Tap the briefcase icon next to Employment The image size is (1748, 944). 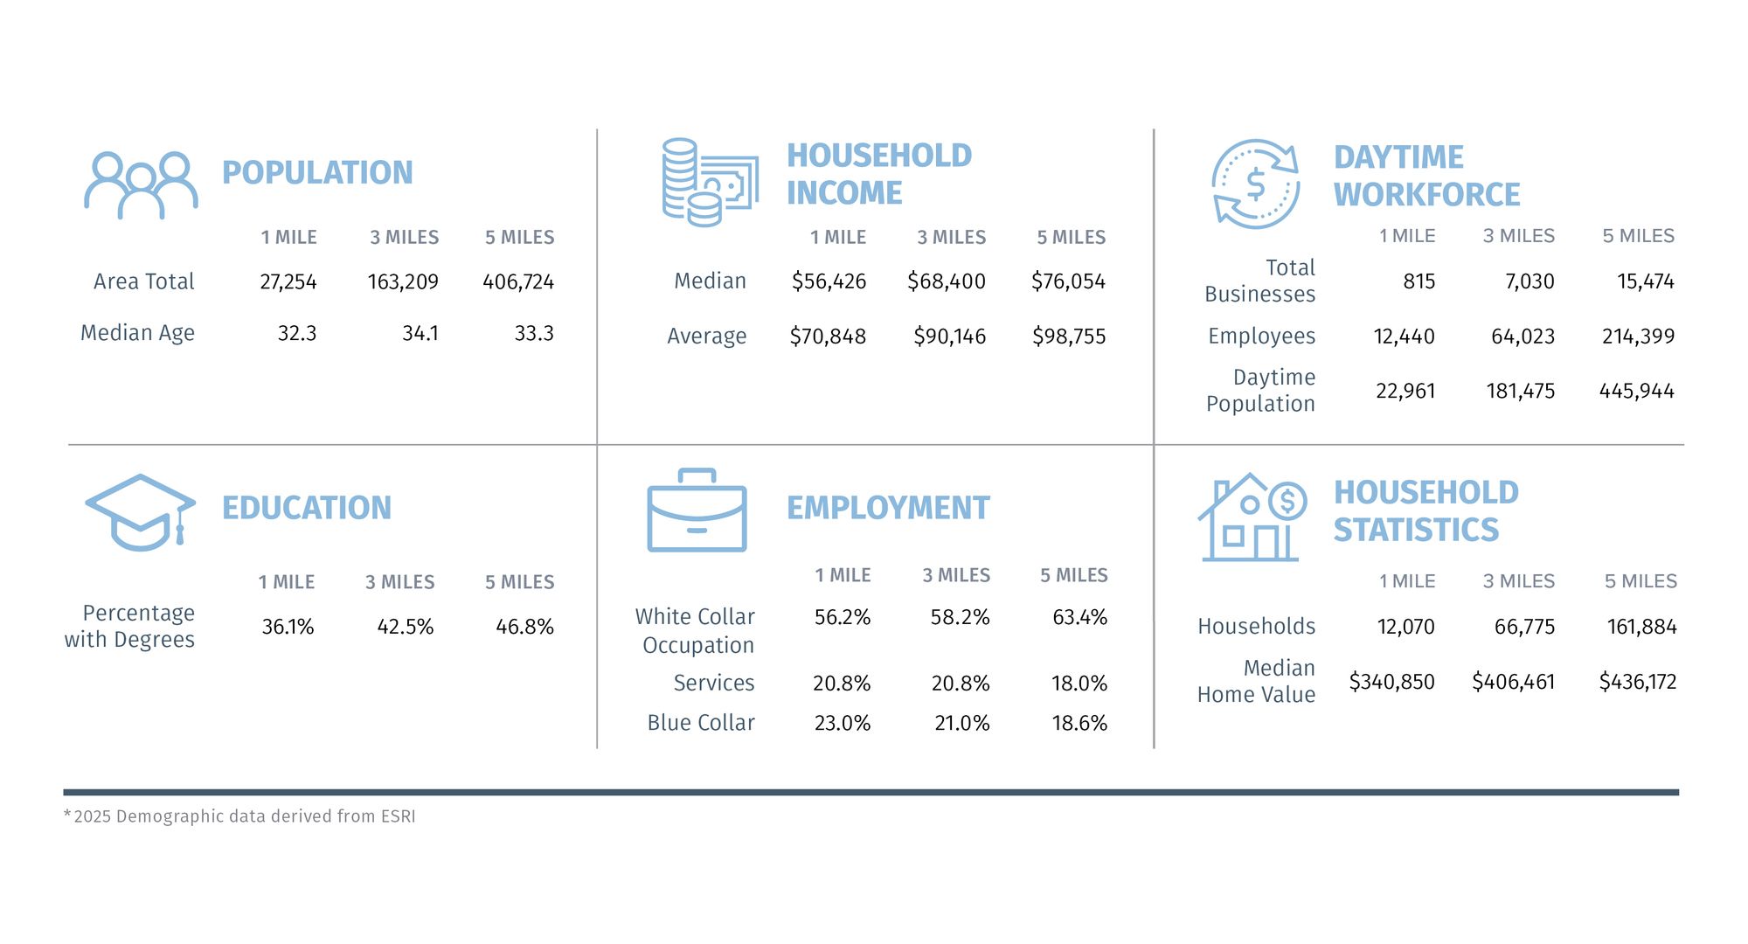pyautogui.click(x=697, y=510)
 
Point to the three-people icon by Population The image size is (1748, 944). pyautogui.click(x=141, y=185)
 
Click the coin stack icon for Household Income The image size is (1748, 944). pyautogui.click(x=709, y=182)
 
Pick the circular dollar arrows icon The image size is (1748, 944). pyautogui.click(x=1255, y=184)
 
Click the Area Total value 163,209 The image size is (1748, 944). pyautogui.click(x=403, y=282)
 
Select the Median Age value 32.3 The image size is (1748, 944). pyautogui.click(x=297, y=334)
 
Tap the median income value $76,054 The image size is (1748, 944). pyautogui.click(x=1068, y=281)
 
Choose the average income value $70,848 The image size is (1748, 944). pyautogui.click(x=828, y=337)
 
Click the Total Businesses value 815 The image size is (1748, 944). pyautogui.click(x=1419, y=281)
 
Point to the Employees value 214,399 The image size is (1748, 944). pyautogui.click(x=1638, y=337)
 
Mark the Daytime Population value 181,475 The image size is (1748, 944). pyautogui.click(x=1520, y=391)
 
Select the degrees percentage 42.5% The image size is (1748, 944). pyautogui.click(x=405, y=627)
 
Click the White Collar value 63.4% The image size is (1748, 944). pyautogui.click(x=1079, y=617)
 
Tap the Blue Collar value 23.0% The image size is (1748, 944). pyautogui.click(x=842, y=723)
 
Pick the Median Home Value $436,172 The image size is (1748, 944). pyautogui.click(x=1637, y=682)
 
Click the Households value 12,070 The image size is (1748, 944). pyautogui.click(x=1405, y=627)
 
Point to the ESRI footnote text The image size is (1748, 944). pyautogui.click(x=240, y=816)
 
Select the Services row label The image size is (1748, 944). pyautogui.click(x=713, y=683)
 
